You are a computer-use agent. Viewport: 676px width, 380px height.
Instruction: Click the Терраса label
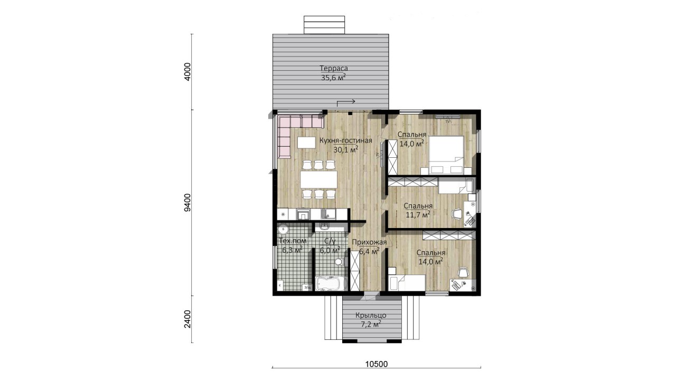point(334,68)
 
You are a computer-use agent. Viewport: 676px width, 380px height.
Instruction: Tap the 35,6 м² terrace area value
point(333,78)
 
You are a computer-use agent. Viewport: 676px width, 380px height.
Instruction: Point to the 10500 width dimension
point(377,364)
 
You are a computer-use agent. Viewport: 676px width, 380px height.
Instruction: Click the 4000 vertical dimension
point(187,72)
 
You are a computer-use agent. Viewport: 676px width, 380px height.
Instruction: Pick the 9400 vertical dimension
point(187,203)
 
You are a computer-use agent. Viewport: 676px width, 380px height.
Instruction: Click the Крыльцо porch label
point(371,316)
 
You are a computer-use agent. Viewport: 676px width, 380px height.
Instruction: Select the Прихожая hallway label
point(369,242)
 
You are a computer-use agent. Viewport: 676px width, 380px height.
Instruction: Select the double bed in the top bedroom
point(446,155)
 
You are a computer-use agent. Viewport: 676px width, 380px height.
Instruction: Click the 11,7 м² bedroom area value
point(418,215)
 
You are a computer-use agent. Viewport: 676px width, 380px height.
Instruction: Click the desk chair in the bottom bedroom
point(463,273)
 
